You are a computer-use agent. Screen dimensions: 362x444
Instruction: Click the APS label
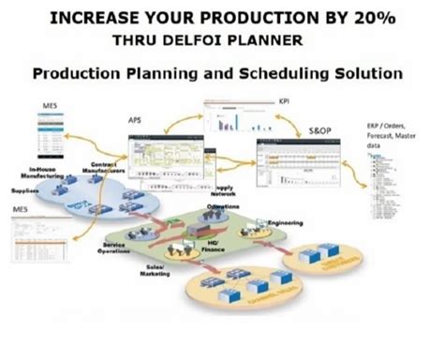(x=135, y=120)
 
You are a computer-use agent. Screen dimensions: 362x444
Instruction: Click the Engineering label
(x=285, y=222)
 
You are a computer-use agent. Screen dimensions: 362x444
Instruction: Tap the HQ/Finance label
(x=203, y=247)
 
